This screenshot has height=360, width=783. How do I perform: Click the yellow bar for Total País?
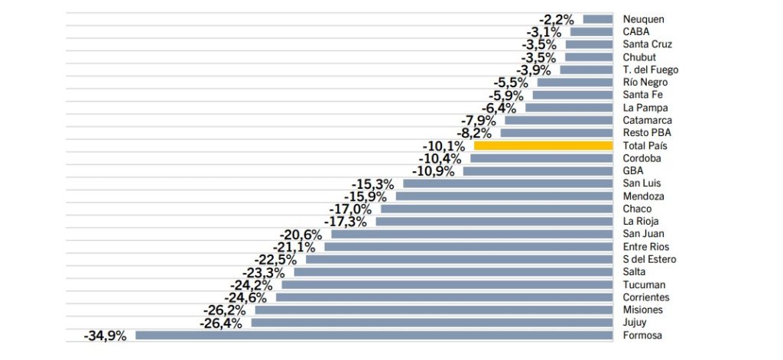pos(543,145)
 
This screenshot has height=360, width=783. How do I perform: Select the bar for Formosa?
pos(374,335)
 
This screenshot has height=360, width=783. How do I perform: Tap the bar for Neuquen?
pos(598,19)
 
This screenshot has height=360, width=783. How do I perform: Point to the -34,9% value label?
pos(106,335)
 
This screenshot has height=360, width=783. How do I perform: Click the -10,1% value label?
pos(443,145)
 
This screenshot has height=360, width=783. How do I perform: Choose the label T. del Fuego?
pos(651,70)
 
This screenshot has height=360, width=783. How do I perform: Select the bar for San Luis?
pos(508,183)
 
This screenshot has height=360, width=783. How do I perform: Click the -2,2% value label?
pos(557,19)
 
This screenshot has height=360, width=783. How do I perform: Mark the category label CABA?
pos(636,32)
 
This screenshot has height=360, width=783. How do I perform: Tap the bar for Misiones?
pos(434,310)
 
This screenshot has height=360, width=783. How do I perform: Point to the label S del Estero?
pos(650,259)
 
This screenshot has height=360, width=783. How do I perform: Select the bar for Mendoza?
pos(504,196)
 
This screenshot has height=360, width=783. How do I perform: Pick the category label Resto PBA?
pos(647,133)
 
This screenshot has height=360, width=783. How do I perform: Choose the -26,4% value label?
pos(221,323)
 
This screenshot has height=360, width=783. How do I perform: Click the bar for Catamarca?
pos(558,120)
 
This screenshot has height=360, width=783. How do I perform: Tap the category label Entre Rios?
pos(646,246)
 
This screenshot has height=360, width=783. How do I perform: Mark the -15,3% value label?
pos(372,183)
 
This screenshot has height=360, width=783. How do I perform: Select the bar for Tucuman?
pos(447,284)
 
